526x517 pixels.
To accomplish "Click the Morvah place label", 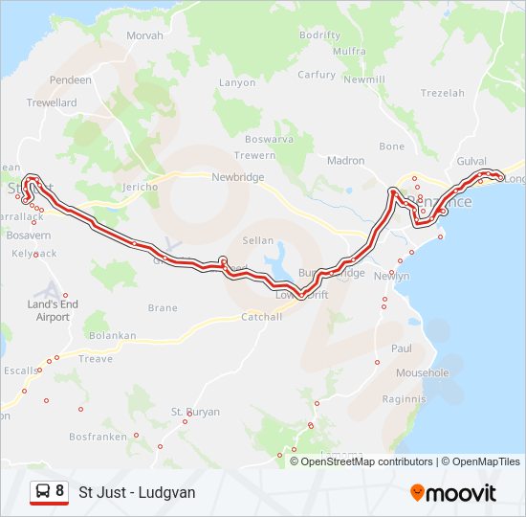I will [x=144, y=35].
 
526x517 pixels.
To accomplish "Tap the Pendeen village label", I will [x=71, y=80].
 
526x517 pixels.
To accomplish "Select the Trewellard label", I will [x=52, y=102].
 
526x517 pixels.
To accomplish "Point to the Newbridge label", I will [x=237, y=177].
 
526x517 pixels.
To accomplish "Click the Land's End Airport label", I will [x=54, y=310].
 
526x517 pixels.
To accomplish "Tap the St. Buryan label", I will [x=195, y=412].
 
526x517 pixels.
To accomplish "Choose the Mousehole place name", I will [x=422, y=372].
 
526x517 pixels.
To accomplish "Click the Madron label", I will [x=345, y=161].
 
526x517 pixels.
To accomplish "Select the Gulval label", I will [x=471, y=162].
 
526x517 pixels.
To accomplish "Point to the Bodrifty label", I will [x=319, y=35].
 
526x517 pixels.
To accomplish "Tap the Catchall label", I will [x=261, y=317].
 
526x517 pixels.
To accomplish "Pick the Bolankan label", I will [x=112, y=336].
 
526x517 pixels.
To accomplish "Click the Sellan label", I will [x=258, y=241].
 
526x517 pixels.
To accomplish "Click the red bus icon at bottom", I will [x=42, y=492].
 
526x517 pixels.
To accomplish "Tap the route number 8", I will [x=59, y=491].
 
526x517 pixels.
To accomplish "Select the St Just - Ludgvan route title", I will [x=137, y=492].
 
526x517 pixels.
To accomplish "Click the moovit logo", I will [x=453, y=492].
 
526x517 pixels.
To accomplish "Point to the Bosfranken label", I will [x=98, y=436].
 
